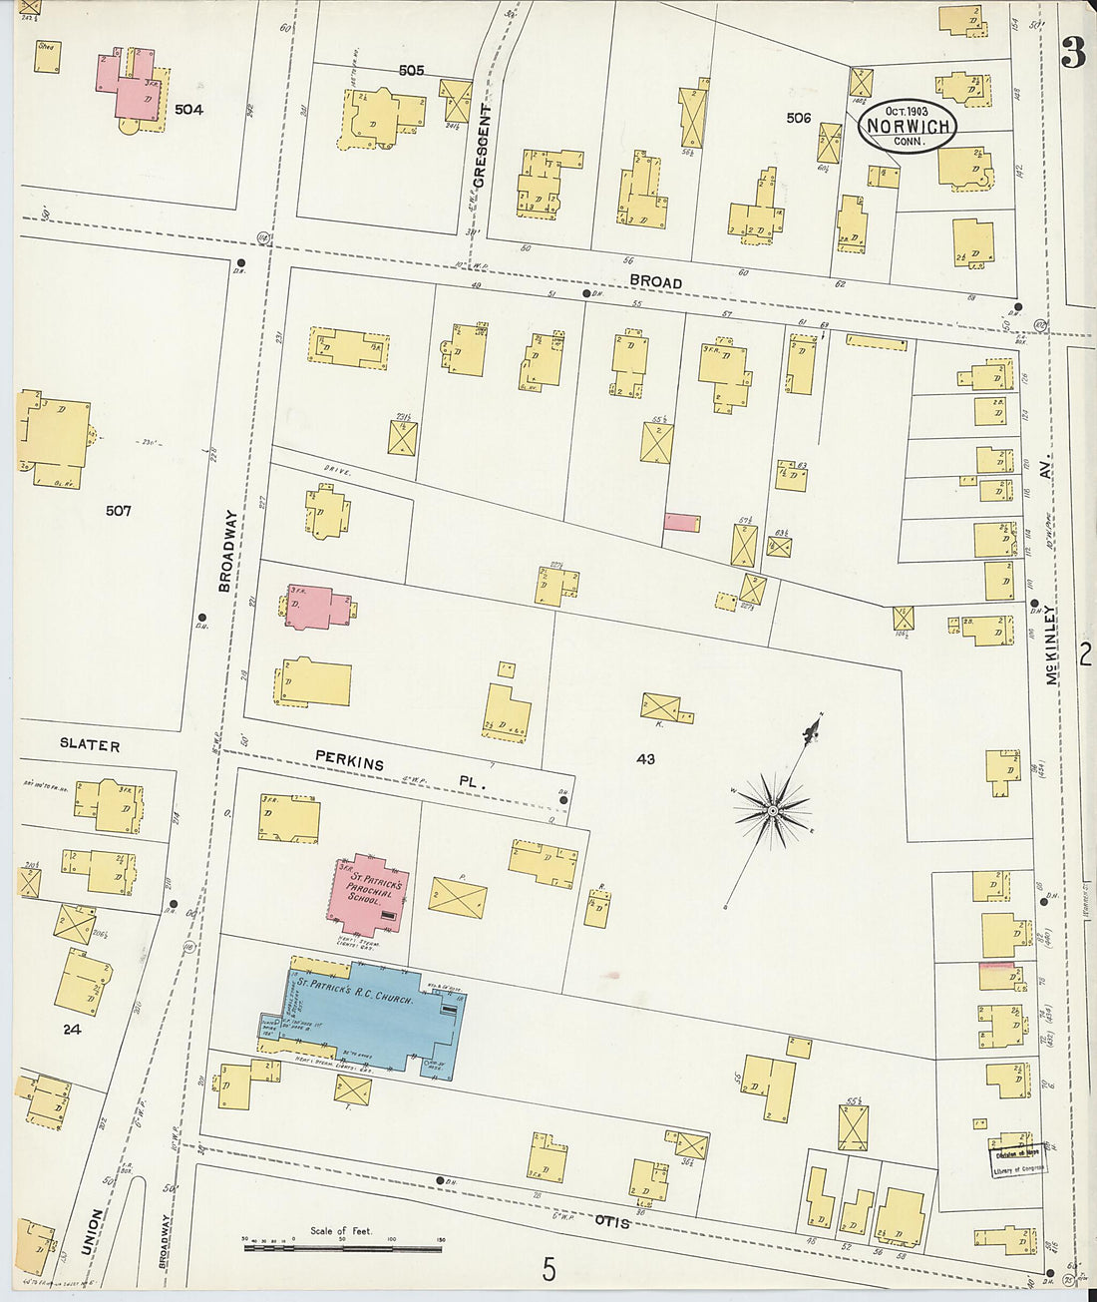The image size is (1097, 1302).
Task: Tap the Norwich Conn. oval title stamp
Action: click(907, 127)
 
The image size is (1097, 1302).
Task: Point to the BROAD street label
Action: click(655, 282)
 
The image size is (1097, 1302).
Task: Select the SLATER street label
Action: click(90, 745)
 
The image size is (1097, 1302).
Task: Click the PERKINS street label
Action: click(350, 761)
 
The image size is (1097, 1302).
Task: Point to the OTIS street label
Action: click(613, 1220)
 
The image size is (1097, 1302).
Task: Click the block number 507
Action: click(118, 511)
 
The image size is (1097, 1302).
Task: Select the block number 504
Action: click(188, 109)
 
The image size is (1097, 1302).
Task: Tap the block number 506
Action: click(798, 118)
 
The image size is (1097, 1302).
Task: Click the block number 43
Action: click(645, 759)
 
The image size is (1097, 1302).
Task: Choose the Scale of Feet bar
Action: click(342, 1246)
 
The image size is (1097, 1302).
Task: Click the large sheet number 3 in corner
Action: click(1073, 52)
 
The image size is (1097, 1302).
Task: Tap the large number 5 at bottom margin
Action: click(548, 1269)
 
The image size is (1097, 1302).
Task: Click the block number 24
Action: click(72, 1029)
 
